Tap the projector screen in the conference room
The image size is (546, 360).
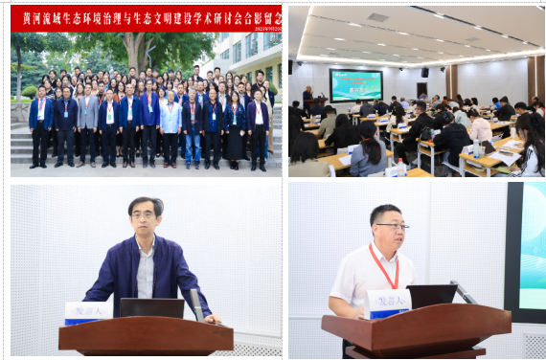pos(355,83)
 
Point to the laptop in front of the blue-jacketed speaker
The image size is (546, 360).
pos(151,308)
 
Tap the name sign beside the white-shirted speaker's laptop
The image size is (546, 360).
pos(389,304)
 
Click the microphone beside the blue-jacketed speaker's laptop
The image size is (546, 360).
pos(196,304)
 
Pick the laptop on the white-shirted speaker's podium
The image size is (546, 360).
pos(431,296)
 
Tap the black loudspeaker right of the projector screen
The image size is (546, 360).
pos(424,72)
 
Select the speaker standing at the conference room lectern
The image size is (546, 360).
pos(307,98)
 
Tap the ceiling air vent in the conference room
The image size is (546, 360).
pos(378,17)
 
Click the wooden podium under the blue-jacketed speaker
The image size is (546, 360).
pos(146,337)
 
